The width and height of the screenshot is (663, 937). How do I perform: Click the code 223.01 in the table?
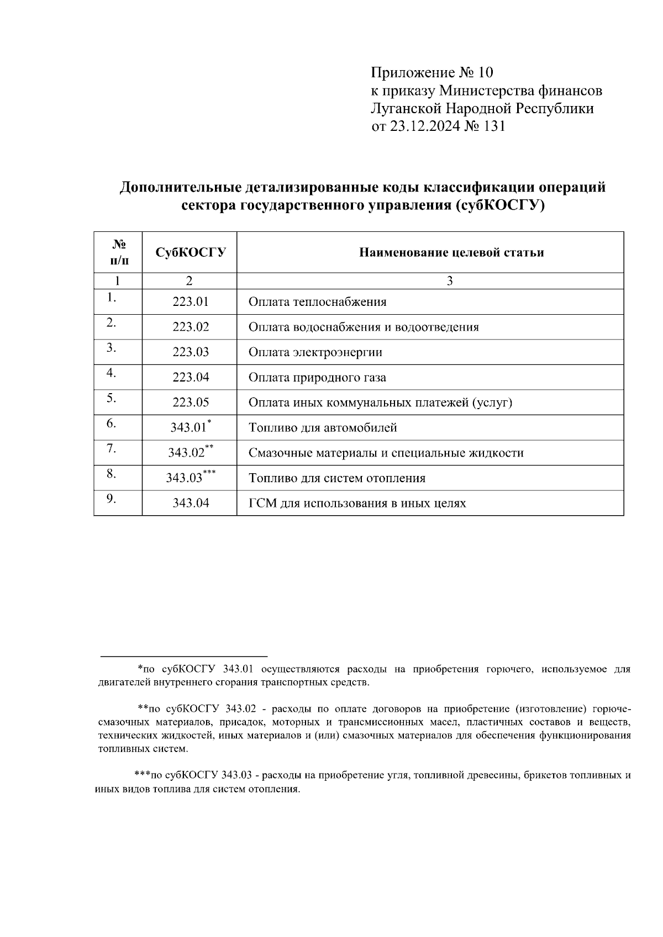[191, 301]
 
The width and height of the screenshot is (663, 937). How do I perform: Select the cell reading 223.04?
[191, 377]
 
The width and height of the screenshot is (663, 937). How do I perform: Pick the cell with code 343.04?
[191, 503]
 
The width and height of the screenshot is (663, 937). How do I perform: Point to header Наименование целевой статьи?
[451, 252]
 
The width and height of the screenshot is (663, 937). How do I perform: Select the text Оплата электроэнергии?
[315, 352]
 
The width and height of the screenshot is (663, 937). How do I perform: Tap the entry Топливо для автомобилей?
[323, 428]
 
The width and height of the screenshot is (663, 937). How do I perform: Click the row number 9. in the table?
[111, 499]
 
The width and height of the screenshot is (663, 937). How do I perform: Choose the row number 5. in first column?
[111, 398]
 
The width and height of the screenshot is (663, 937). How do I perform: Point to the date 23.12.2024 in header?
[424, 126]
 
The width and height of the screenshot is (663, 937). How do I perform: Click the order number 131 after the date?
[494, 126]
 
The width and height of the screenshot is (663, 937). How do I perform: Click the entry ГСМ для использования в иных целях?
[357, 503]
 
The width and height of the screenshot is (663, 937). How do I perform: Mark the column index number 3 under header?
[450, 280]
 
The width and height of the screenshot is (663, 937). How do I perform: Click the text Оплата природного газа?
[317, 378]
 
